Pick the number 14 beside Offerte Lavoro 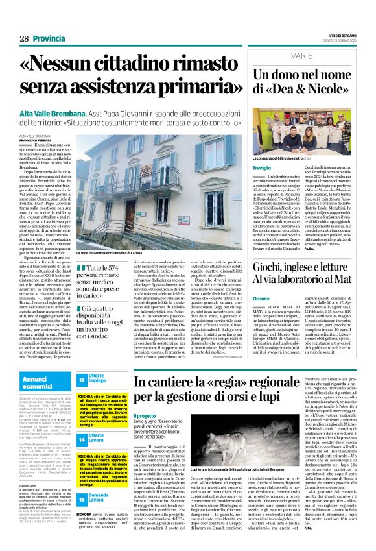pos(82,440)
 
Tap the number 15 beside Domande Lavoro pos(82,500)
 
